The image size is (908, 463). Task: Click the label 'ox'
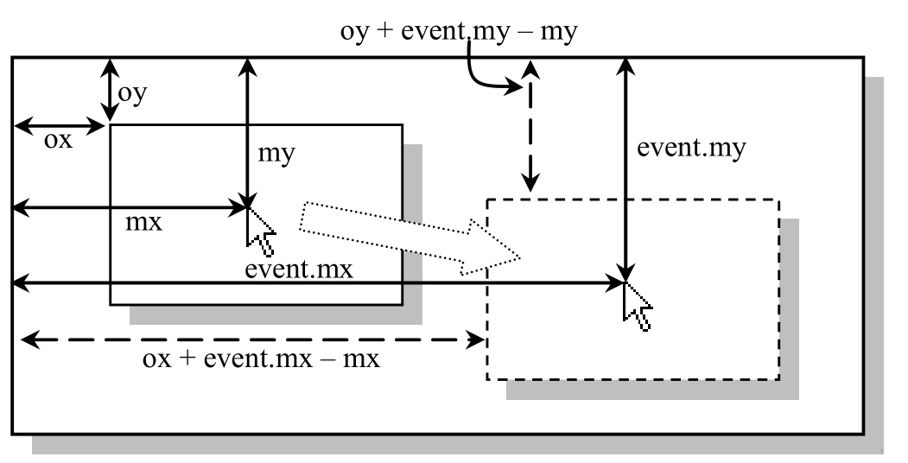click(58, 141)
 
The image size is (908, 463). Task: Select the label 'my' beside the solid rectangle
click(276, 154)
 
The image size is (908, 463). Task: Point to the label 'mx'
click(144, 223)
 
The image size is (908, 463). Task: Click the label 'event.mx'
click(299, 269)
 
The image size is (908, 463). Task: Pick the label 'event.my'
click(691, 147)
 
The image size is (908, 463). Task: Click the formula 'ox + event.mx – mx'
click(261, 358)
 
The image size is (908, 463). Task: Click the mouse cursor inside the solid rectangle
click(260, 229)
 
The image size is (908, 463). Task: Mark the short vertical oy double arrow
click(109, 90)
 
